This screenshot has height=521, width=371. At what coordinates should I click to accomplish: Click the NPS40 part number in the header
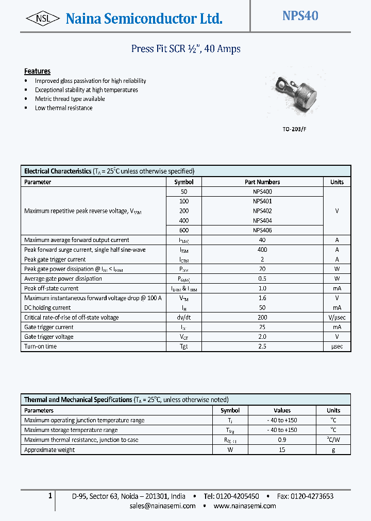300,16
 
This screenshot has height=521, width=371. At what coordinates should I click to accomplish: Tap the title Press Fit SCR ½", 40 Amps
185,49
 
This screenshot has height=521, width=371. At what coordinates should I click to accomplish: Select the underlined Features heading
37,71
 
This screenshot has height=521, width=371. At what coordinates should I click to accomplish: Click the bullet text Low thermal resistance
63,108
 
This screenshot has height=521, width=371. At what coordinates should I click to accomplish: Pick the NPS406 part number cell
262,230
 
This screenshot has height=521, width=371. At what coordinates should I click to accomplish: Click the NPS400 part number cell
262,192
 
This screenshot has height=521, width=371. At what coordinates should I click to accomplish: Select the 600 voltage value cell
184,230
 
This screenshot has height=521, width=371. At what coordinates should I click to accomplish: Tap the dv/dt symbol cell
184,318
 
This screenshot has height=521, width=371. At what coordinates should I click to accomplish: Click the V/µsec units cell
336,318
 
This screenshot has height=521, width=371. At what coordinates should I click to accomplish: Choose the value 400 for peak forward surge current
262,250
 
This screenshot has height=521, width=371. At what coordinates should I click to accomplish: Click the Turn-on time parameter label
40,346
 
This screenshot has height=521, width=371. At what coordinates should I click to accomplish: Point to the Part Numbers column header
262,182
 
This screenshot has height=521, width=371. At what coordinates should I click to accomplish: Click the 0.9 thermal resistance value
282,440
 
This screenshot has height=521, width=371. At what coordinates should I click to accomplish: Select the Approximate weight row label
49,450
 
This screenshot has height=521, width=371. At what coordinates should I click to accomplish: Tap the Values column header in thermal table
282,410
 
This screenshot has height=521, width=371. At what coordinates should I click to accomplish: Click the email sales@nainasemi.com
162,506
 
